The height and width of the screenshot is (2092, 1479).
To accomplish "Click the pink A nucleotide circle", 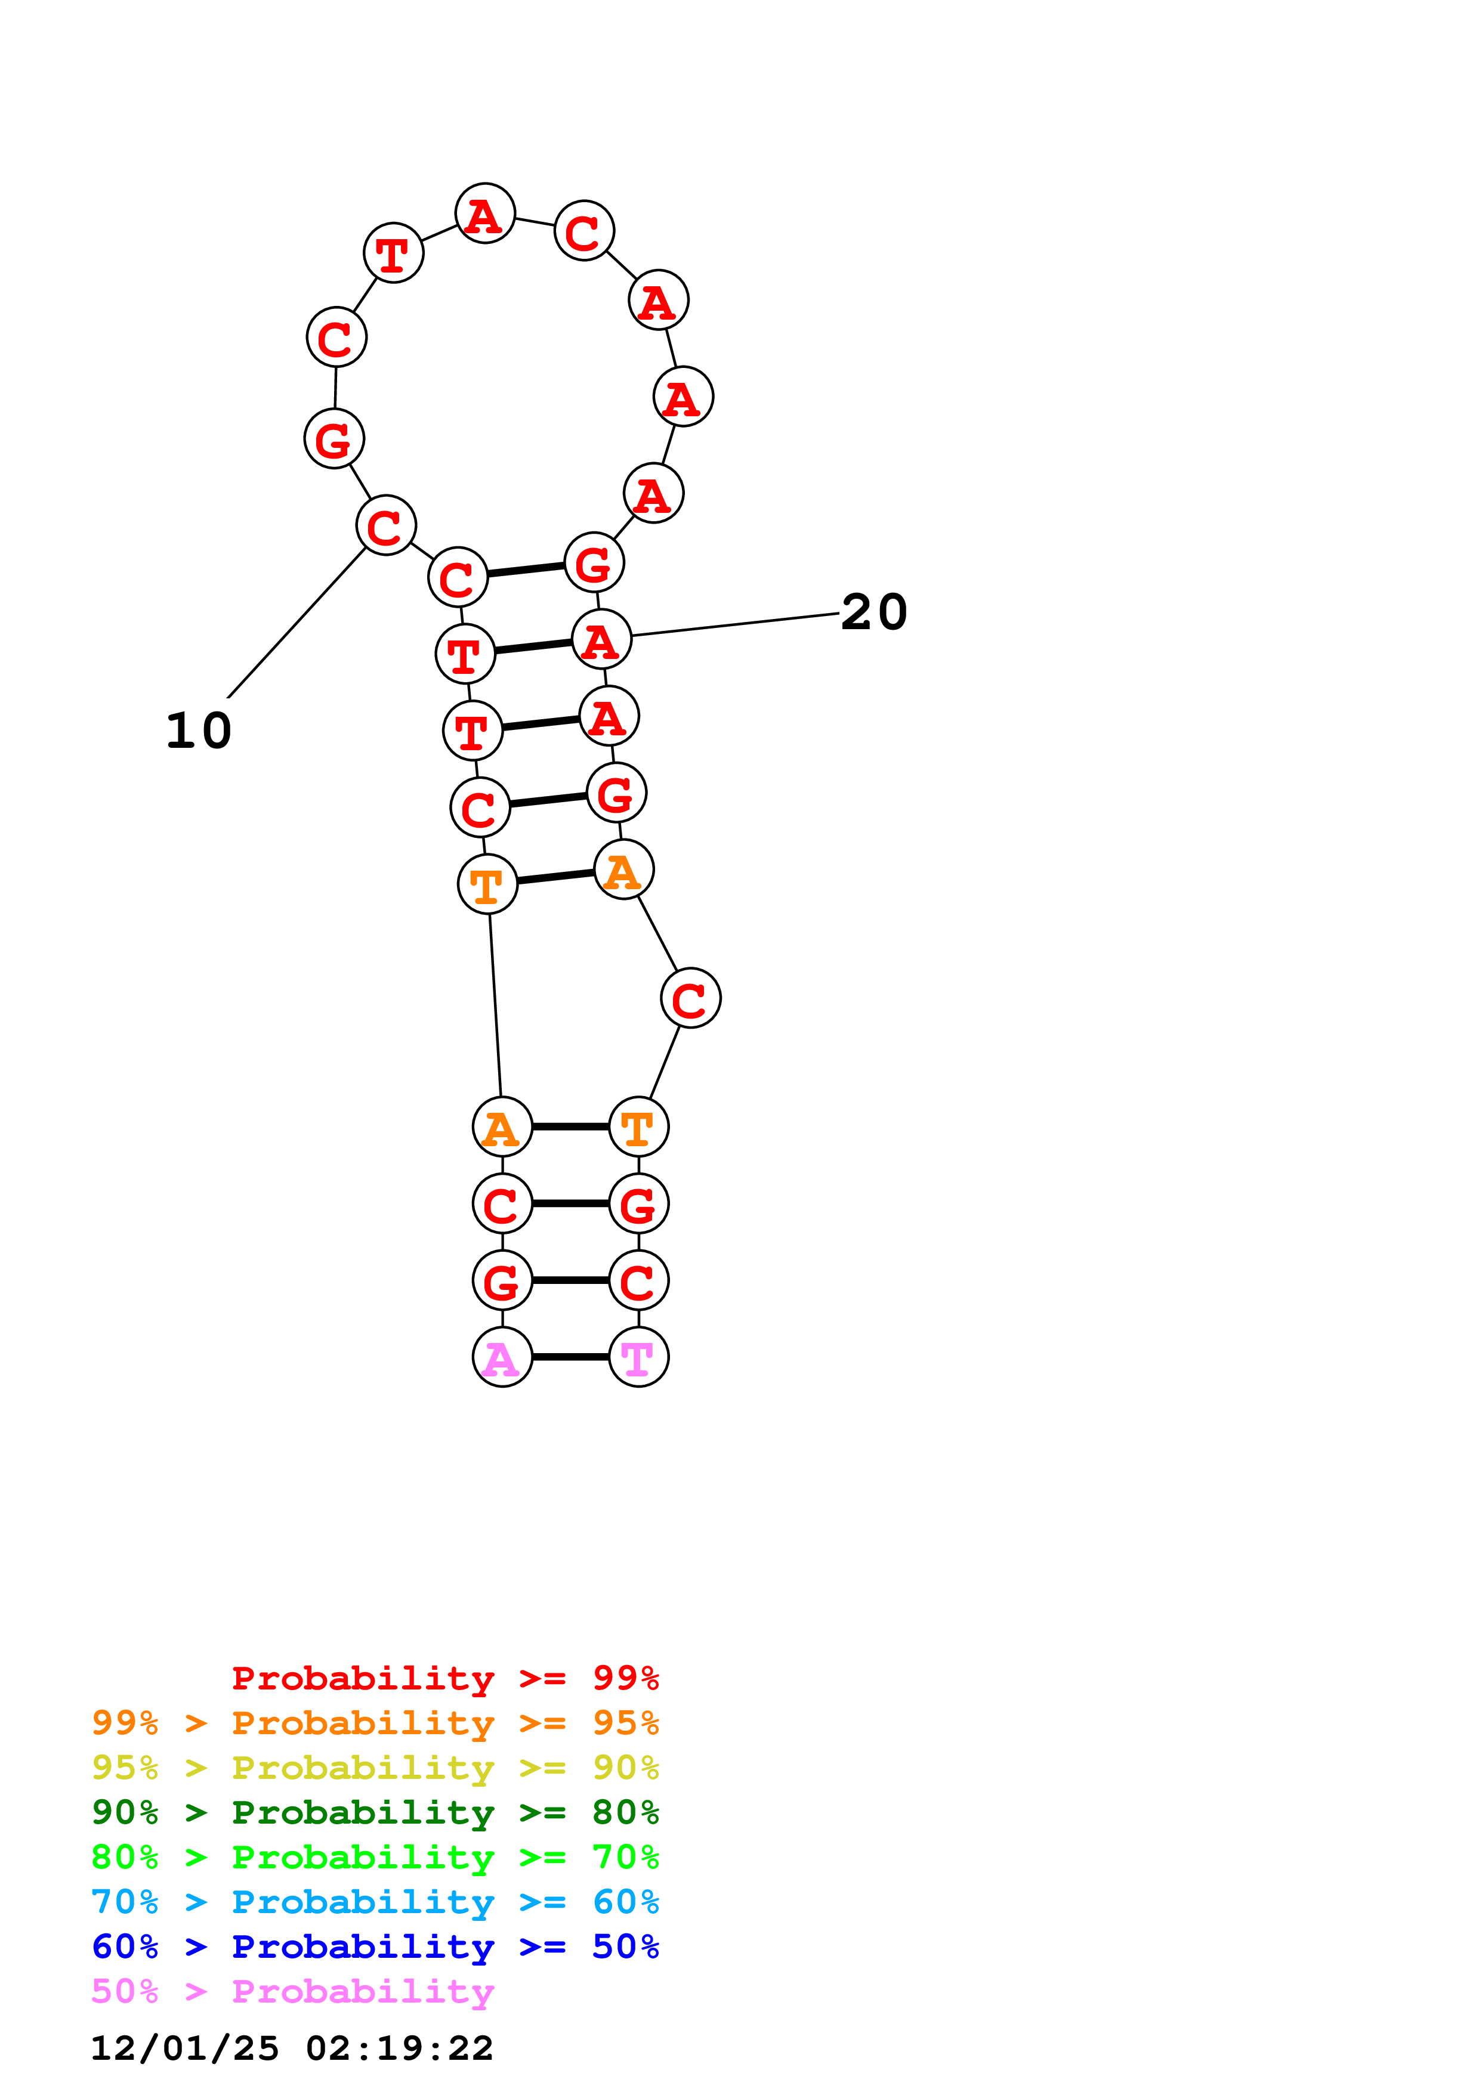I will point(502,1357).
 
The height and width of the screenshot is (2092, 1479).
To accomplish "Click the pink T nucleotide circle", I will point(638,1357).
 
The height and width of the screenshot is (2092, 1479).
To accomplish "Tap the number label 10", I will point(199,731).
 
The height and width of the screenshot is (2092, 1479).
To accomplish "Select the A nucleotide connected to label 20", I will point(601,639).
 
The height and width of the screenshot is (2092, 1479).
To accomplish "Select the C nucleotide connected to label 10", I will point(385,526).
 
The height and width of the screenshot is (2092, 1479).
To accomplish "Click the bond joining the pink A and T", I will point(570,1357).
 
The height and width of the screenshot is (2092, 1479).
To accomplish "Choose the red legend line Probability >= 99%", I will point(444,1678).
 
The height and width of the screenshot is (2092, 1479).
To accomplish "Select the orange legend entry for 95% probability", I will point(375,1723).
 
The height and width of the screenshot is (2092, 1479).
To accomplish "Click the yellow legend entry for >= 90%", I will point(375,1768).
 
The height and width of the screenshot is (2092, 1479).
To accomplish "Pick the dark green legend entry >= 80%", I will point(375,1812).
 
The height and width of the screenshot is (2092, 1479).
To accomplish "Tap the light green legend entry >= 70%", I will point(375,1857).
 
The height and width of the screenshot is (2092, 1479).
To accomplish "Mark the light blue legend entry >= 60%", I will point(375,1902).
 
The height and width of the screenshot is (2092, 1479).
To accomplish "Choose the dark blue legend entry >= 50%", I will point(375,1946).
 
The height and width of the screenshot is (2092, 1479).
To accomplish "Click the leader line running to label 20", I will point(734,624).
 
